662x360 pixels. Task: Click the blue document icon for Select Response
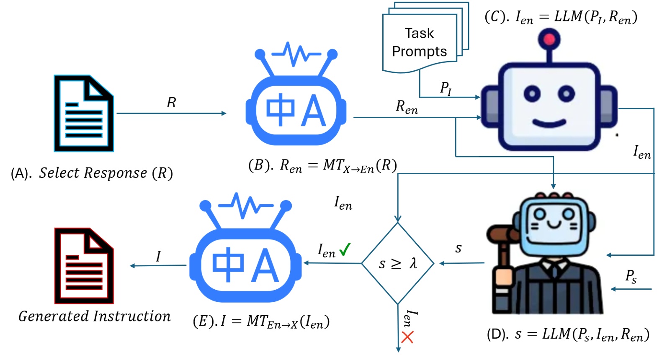[x=84, y=113]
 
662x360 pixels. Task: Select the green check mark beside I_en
[x=345, y=249]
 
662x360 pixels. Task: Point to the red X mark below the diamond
[x=407, y=337]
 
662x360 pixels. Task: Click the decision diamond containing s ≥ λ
[x=397, y=263]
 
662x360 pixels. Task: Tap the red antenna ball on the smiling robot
[x=549, y=40]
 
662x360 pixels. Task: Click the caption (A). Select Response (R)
[x=92, y=173]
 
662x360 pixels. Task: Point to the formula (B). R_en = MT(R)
[x=322, y=166]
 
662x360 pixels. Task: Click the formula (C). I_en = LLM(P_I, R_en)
[x=561, y=17]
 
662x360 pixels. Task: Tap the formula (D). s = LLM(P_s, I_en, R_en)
[x=568, y=334]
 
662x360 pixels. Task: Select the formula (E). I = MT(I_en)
[x=261, y=321]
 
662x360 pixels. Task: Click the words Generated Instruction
[x=95, y=316]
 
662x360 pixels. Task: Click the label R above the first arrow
[x=171, y=103]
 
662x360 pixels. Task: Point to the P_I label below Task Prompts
[x=446, y=88]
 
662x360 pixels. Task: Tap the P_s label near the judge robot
[x=631, y=276]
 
